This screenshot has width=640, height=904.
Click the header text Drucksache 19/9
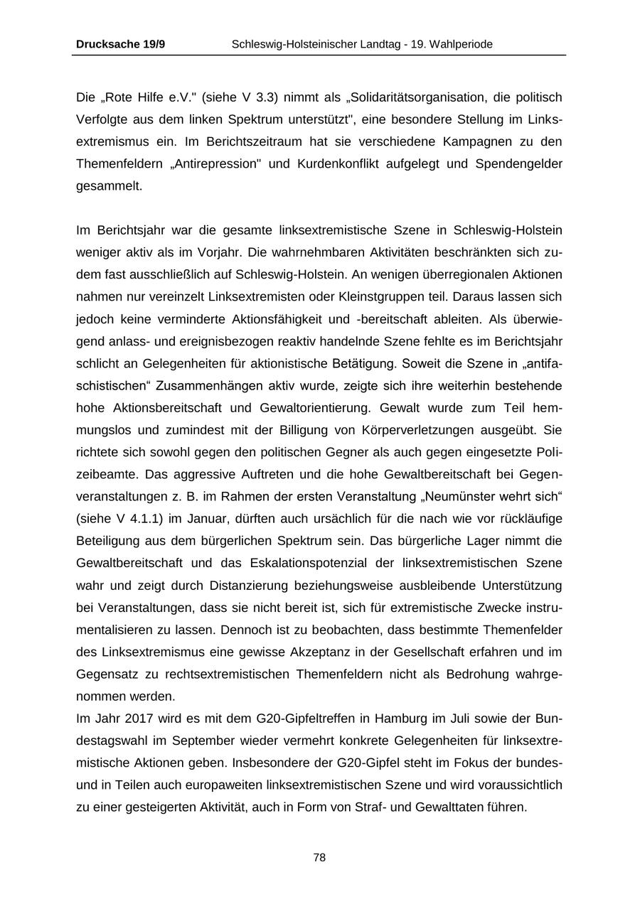pos(120,44)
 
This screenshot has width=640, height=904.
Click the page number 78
pos(319,858)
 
